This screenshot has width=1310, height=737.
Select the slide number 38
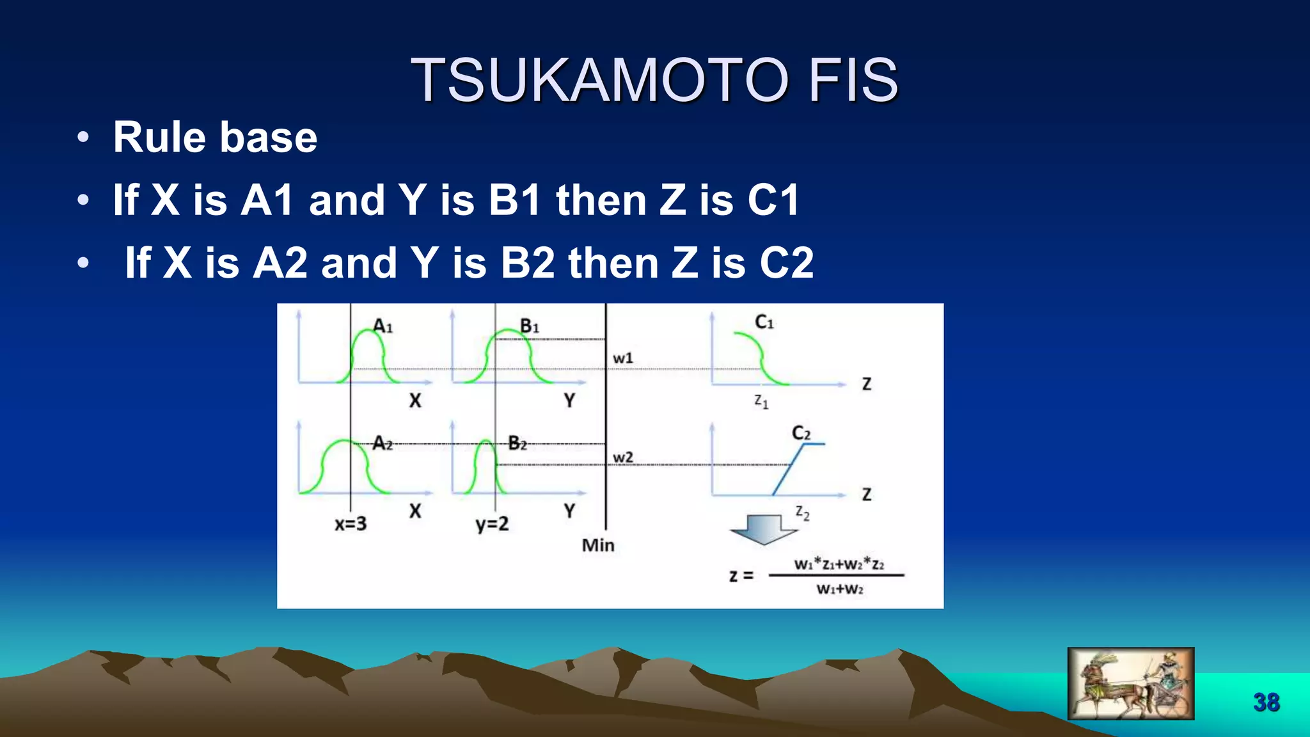click(x=1266, y=702)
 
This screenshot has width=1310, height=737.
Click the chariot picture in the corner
click(x=1130, y=683)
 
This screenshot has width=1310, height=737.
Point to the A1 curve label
click(x=383, y=326)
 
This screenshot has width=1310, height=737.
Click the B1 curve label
click(x=530, y=326)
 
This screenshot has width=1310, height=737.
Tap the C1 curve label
click(x=764, y=322)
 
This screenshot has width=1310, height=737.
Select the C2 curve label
click(x=801, y=433)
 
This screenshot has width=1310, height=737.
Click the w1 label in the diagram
click(x=623, y=358)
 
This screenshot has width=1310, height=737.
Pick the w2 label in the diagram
click(x=623, y=457)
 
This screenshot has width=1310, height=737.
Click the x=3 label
click(x=351, y=524)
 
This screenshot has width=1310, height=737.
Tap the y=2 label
click(x=492, y=524)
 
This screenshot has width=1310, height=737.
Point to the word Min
click(x=598, y=545)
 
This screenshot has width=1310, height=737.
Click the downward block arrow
click(x=763, y=530)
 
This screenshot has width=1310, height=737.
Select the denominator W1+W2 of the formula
click(x=839, y=589)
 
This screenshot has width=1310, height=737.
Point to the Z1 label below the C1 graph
click(x=761, y=402)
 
